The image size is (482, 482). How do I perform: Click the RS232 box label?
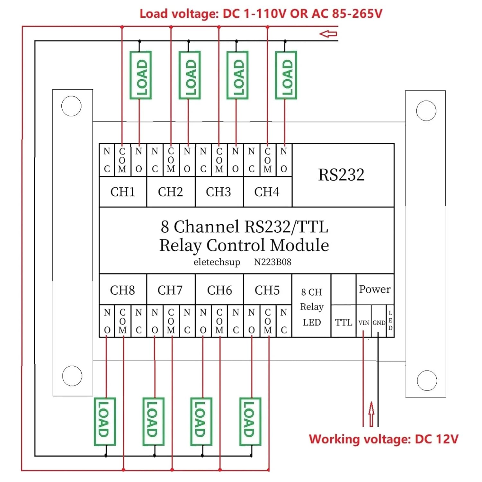tap(341, 175)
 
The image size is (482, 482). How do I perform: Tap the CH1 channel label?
tap(122, 192)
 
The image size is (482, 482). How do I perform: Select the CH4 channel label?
tap(267, 192)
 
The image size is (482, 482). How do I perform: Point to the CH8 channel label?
tap(122, 290)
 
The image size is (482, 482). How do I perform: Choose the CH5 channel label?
tap(267, 290)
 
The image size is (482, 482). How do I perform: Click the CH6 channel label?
tap(219, 290)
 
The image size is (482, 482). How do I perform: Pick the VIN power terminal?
tap(364, 323)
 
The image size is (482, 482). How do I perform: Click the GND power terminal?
tap(379, 323)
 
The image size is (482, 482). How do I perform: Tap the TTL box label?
tap(344, 322)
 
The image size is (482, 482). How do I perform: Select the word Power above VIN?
tap(375, 289)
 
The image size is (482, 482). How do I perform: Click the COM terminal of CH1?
tap(122, 160)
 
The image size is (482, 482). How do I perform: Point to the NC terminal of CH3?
tap(203, 160)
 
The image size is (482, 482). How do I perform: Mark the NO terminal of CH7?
tap(155, 321)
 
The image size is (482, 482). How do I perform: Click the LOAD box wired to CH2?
tap(190, 75)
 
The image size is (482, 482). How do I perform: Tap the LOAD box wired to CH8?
tap(105, 422)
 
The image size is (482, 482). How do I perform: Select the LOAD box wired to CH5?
tap(250, 422)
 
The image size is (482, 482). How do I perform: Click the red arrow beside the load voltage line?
tap(328, 34)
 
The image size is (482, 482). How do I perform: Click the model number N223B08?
tap(272, 262)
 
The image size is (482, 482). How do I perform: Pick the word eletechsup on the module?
tap(217, 262)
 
